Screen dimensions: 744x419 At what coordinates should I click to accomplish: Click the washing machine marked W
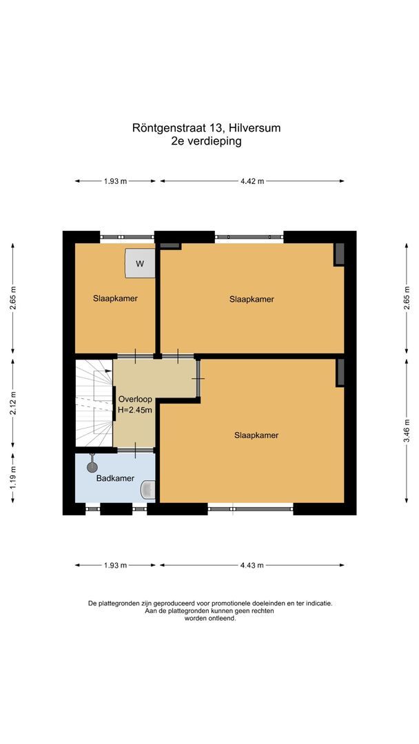[x=140, y=264]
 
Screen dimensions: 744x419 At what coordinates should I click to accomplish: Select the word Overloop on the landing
[x=135, y=400]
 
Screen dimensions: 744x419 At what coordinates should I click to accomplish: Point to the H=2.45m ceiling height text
[x=135, y=411]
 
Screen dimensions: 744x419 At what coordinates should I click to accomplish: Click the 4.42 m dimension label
[x=252, y=181]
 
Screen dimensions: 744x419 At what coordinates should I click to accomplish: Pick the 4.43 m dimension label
[x=252, y=566]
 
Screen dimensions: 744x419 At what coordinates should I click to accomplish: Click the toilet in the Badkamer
[x=147, y=490]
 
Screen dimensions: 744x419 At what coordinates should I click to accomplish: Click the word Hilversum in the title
[x=255, y=127]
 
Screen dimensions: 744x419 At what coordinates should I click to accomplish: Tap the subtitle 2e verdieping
[x=207, y=141]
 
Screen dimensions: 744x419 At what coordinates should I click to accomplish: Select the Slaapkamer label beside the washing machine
[x=115, y=299]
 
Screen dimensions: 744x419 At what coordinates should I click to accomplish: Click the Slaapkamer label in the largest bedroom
[x=256, y=435]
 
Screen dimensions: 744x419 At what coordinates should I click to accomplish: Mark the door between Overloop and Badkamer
[x=135, y=451]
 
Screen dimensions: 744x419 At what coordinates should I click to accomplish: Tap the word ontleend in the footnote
[x=223, y=619]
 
